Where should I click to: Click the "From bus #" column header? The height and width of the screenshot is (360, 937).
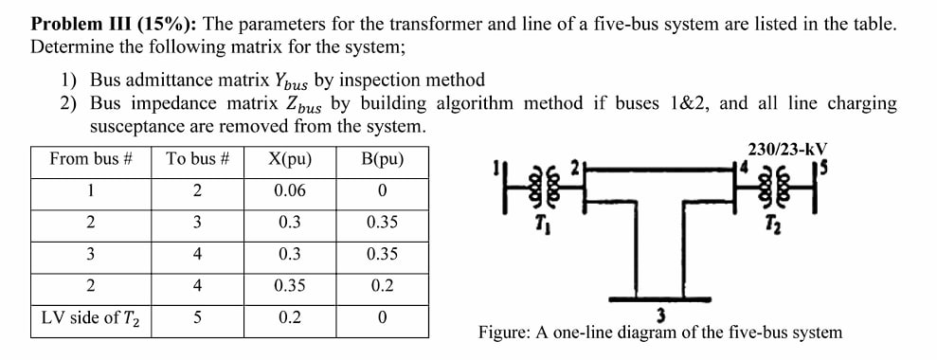tap(90, 158)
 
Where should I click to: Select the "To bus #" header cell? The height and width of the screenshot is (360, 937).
tap(197, 158)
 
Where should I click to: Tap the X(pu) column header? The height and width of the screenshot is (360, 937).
tap(289, 158)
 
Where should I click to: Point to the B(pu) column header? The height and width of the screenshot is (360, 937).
tap(382, 158)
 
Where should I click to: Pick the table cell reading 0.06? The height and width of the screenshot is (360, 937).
tap(289, 190)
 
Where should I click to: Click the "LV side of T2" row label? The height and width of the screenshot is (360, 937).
tap(90, 317)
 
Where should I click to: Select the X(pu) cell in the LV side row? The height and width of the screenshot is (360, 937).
tap(289, 317)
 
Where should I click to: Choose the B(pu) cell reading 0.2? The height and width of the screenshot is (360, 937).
tap(382, 285)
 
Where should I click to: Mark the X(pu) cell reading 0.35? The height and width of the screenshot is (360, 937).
tap(289, 285)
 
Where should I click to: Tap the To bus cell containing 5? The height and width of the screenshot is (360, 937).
tap(197, 317)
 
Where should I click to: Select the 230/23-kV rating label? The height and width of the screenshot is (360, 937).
tap(786, 149)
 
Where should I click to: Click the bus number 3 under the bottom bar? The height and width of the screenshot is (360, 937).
tap(661, 314)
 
